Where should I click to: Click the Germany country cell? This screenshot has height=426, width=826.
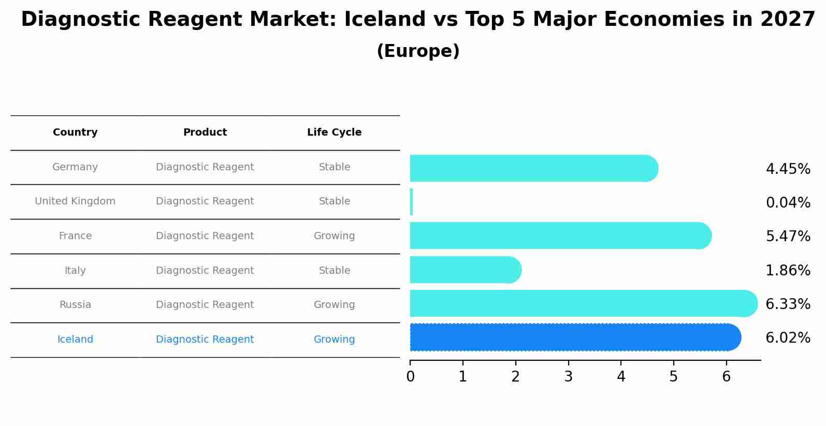(75, 167)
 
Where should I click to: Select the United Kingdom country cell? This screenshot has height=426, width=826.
(75, 201)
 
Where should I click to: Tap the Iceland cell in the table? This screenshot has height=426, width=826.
(75, 340)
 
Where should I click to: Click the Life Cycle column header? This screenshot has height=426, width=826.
(334, 133)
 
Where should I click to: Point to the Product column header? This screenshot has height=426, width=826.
(205, 133)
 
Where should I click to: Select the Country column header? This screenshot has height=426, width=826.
(75, 133)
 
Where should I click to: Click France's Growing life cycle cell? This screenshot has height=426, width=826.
(334, 236)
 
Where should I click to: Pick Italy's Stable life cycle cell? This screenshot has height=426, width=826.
(334, 271)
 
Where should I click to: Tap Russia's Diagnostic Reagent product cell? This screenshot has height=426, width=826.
(205, 305)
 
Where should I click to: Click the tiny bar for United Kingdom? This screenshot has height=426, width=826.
(411, 202)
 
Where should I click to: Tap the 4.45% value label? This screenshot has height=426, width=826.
(788, 169)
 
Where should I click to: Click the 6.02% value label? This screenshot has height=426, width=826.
(788, 338)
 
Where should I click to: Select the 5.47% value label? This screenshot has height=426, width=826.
(788, 237)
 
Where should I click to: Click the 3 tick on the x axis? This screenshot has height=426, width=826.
(568, 377)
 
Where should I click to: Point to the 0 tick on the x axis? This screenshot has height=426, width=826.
(410, 377)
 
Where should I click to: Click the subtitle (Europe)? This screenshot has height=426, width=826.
(418, 51)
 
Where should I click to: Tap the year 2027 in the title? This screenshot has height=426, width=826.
(788, 20)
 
